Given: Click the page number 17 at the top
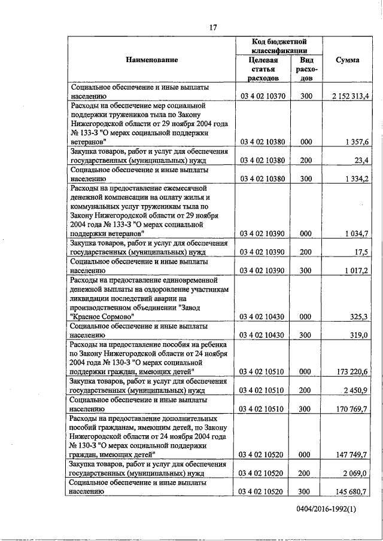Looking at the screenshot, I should [212, 26].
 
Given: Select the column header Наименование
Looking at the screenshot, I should [152, 60].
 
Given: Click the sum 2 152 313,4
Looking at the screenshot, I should [351, 96].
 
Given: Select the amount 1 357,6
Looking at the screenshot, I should [360, 142].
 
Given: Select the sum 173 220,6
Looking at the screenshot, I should [355, 372].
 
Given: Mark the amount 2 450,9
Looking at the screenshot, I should [360, 390].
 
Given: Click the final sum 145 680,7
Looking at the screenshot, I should [355, 491].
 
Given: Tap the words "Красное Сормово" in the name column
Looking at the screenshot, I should [102, 316].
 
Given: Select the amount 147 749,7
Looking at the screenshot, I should [355, 455].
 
